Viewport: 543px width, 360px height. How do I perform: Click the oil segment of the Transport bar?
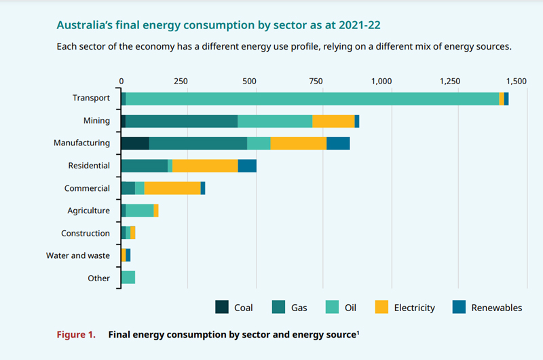[312, 98]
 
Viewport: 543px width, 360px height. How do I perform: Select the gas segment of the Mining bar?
[181, 121]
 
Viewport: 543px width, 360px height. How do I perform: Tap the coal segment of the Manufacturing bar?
[134, 143]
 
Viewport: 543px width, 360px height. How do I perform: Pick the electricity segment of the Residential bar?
[205, 166]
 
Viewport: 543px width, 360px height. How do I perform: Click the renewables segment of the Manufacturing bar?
[338, 143]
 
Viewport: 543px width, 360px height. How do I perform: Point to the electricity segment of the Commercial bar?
[172, 188]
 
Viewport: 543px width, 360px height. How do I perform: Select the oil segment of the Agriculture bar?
[140, 211]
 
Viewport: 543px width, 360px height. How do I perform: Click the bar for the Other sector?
[128, 277]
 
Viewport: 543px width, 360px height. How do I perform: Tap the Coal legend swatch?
[222, 307]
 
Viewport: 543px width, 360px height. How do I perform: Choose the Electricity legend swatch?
[382, 307]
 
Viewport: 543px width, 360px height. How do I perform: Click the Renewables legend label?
[497, 308]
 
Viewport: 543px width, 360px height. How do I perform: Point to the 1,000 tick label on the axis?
[382, 81]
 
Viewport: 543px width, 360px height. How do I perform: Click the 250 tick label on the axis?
[181, 81]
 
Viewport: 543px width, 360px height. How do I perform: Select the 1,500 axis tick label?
[516, 81]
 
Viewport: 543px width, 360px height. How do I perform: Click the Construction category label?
[86, 234]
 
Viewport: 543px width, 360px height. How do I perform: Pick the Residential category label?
[89, 166]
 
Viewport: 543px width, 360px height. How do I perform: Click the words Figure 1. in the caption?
[75, 335]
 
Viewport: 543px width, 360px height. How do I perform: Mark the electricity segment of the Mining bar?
[333, 121]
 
